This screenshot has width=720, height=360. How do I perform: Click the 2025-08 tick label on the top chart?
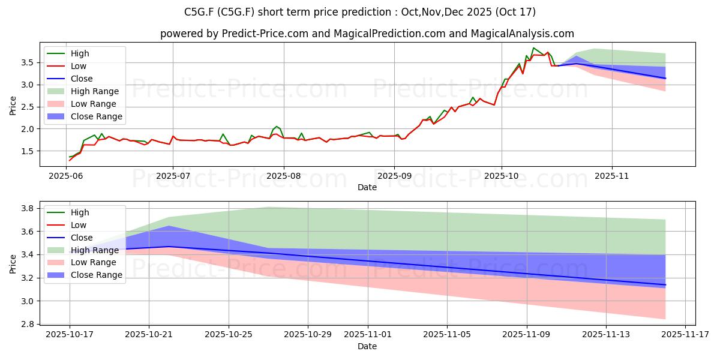click(x=283, y=177)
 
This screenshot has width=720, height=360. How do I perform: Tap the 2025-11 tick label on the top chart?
click(x=612, y=177)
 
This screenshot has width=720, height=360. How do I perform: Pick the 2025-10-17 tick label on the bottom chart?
click(x=69, y=335)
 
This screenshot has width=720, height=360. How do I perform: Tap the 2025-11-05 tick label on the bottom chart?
click(x=447, y=335)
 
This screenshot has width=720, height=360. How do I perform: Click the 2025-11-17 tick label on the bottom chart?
click(x=685, y=335)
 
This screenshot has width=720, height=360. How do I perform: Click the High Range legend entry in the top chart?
click(x=95, y=91)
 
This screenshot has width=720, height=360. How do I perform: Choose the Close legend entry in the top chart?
click(x=82, y=79)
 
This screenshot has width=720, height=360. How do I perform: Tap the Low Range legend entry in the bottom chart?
click(x=94, y=262)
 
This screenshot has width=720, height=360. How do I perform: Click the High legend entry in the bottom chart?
click(x=80, y=212)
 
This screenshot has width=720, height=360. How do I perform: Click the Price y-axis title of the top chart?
click(x=13, y=106)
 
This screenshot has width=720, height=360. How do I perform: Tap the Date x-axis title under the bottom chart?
click(x=367, y=346)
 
